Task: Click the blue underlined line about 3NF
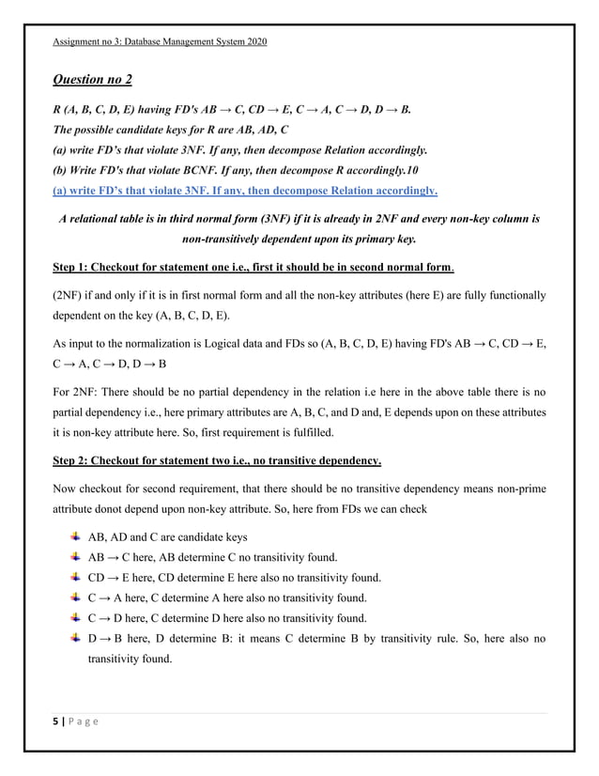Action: (x=244, y=191)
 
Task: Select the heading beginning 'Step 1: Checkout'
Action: (x=253, y=267)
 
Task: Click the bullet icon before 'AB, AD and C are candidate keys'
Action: (x=75, y=536)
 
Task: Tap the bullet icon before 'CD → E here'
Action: (x=75, y=577)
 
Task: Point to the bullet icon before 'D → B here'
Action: (x=75, y=639)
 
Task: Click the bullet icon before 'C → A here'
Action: (x=75, y=598)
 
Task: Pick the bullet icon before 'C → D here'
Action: (x=75, y=618)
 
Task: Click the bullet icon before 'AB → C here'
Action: (x=75, y=556)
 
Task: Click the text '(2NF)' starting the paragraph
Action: (x=69, y=295)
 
